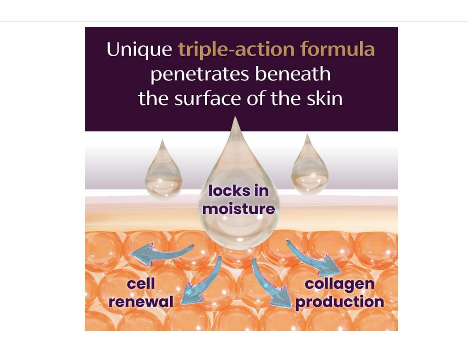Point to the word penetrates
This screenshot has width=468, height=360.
click(200, 74)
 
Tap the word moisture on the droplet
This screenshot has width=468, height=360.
click(239, 208)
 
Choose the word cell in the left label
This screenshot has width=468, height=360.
click(140, 284)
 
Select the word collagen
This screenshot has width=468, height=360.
click(339, 284)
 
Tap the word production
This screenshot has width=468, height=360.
click(340, 302)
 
